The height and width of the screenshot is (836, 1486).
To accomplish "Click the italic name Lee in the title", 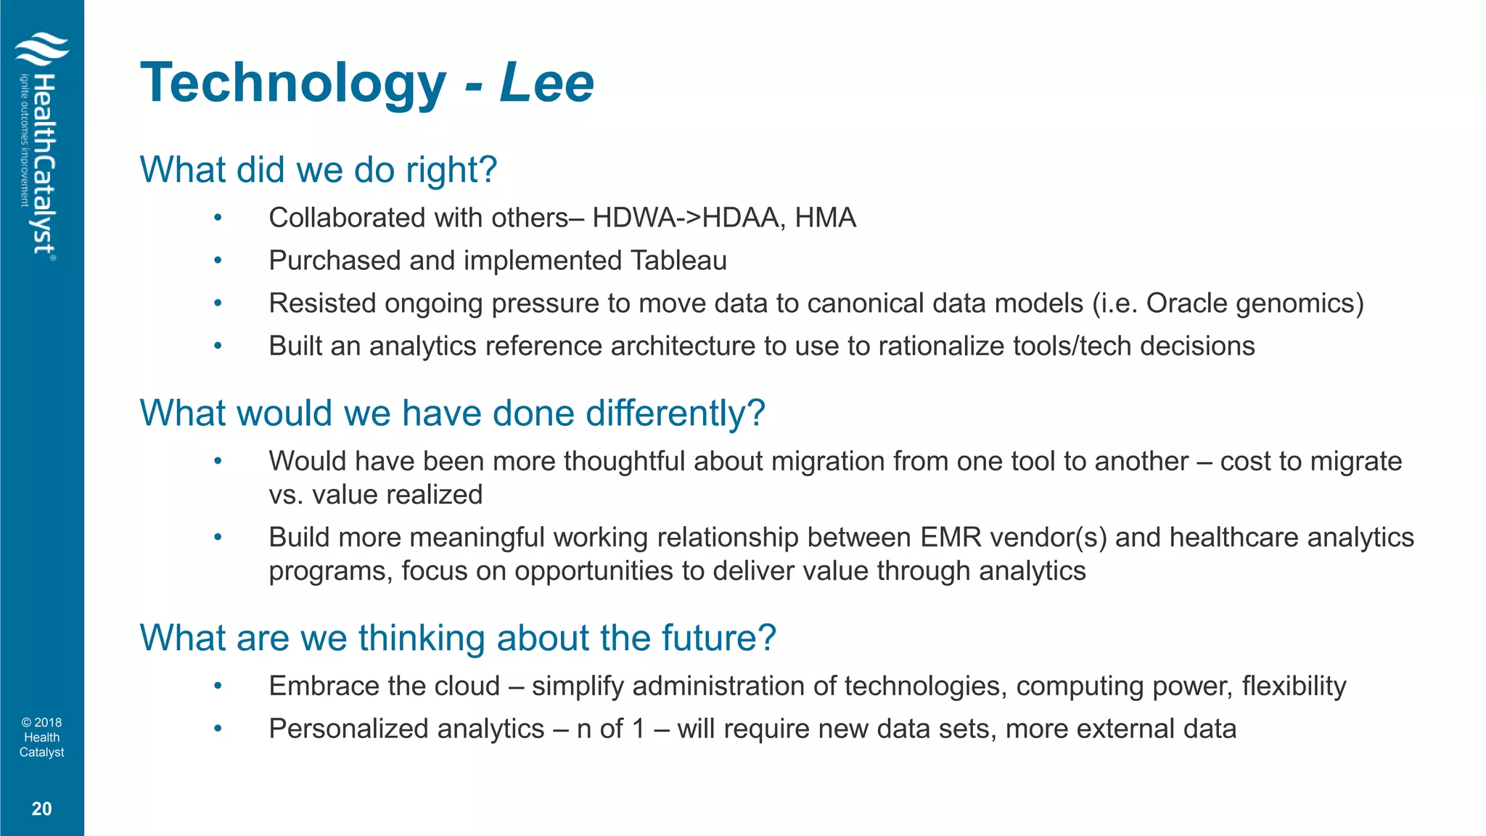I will coord(546,83).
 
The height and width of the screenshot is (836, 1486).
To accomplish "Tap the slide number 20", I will coord(41,808).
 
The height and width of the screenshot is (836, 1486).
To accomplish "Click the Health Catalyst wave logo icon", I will coord(42,52).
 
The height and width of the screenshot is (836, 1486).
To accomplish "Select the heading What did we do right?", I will coord(318,170).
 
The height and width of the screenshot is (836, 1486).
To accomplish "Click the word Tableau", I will coord(678,261).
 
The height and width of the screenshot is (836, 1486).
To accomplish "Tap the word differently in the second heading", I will coord(675,413).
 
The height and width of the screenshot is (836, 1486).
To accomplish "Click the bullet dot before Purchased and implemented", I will coord(218,261).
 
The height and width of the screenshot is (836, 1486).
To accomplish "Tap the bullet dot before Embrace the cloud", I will coord(218,686).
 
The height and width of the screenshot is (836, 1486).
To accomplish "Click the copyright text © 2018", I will coord(41,722).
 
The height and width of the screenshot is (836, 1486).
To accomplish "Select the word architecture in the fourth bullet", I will coord(683,346).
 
